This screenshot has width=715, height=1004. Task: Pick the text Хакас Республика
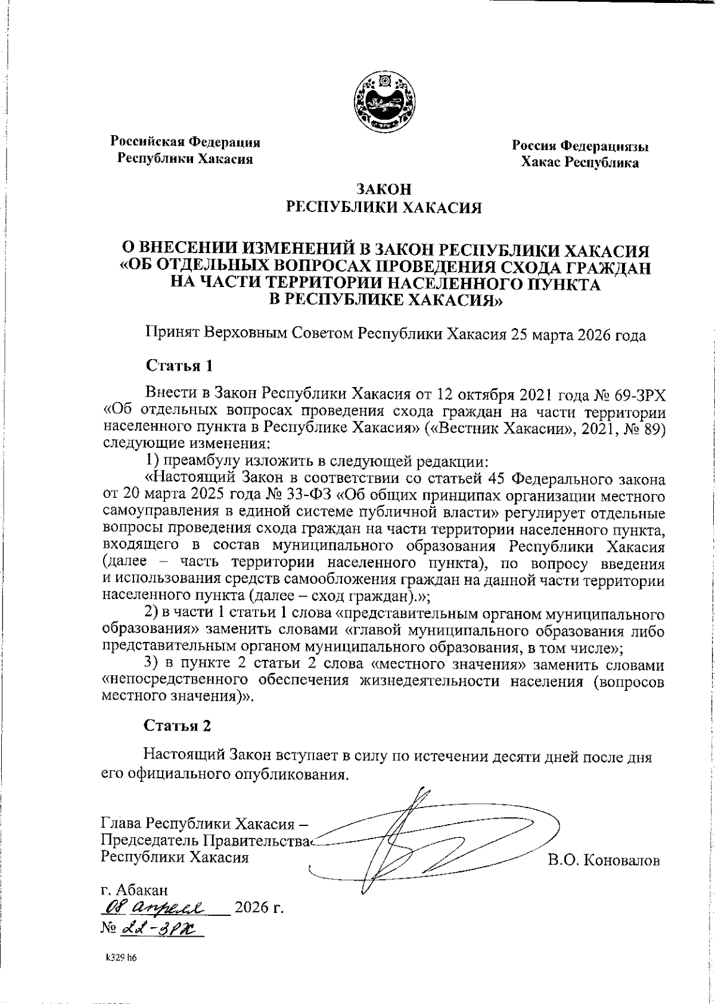580,163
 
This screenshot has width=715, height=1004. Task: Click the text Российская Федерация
185,143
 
